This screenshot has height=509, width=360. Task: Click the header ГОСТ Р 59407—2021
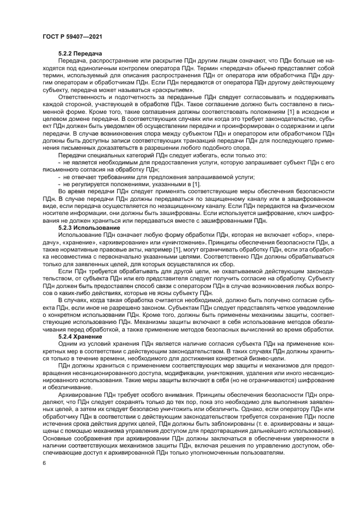click(73, 36)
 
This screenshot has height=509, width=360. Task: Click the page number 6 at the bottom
click(44, 462)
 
